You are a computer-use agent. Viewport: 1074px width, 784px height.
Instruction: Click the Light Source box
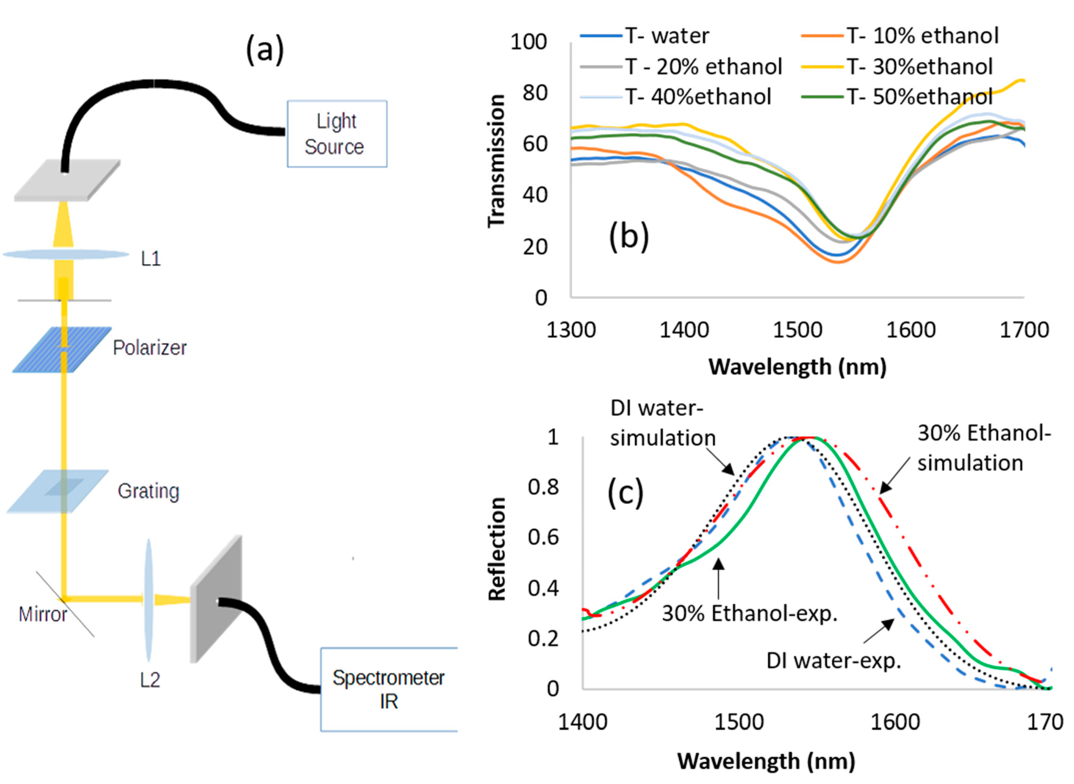click(x=337, y=134)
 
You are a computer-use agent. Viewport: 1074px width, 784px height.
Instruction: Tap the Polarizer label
click(x=149, y=348)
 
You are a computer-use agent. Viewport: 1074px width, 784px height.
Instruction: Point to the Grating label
click(x=148, y=491)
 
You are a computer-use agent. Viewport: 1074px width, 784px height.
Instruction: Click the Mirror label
click(x=43, y=614)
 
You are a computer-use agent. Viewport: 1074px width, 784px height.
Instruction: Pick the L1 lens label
click(x=151, y=259)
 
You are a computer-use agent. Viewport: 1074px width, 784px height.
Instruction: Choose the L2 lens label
click(x=150, y=680)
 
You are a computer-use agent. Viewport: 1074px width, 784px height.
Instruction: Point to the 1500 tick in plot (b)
click(x=797, y=330)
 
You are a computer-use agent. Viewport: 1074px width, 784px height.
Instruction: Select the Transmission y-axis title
click(x=496, y=161)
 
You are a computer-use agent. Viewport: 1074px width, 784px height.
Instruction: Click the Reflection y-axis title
click(x=497, y=549)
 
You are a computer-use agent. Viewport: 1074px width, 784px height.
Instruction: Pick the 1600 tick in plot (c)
click(x=895, y=722)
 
